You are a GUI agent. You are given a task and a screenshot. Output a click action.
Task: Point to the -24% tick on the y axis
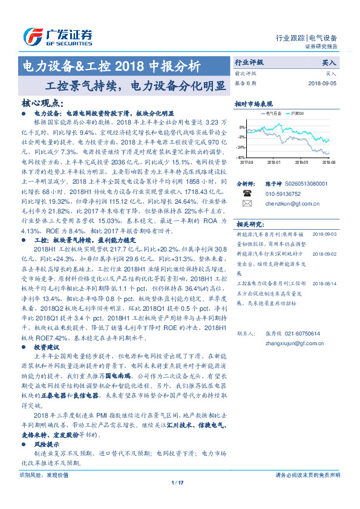[241, 147]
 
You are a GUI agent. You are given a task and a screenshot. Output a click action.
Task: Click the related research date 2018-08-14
[325, 265]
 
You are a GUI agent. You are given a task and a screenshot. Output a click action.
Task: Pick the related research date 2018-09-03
[325, 233]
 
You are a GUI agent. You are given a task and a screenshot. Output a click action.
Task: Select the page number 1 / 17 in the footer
[177, 482]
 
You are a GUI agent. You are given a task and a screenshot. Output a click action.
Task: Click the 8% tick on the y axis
[242, 128]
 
